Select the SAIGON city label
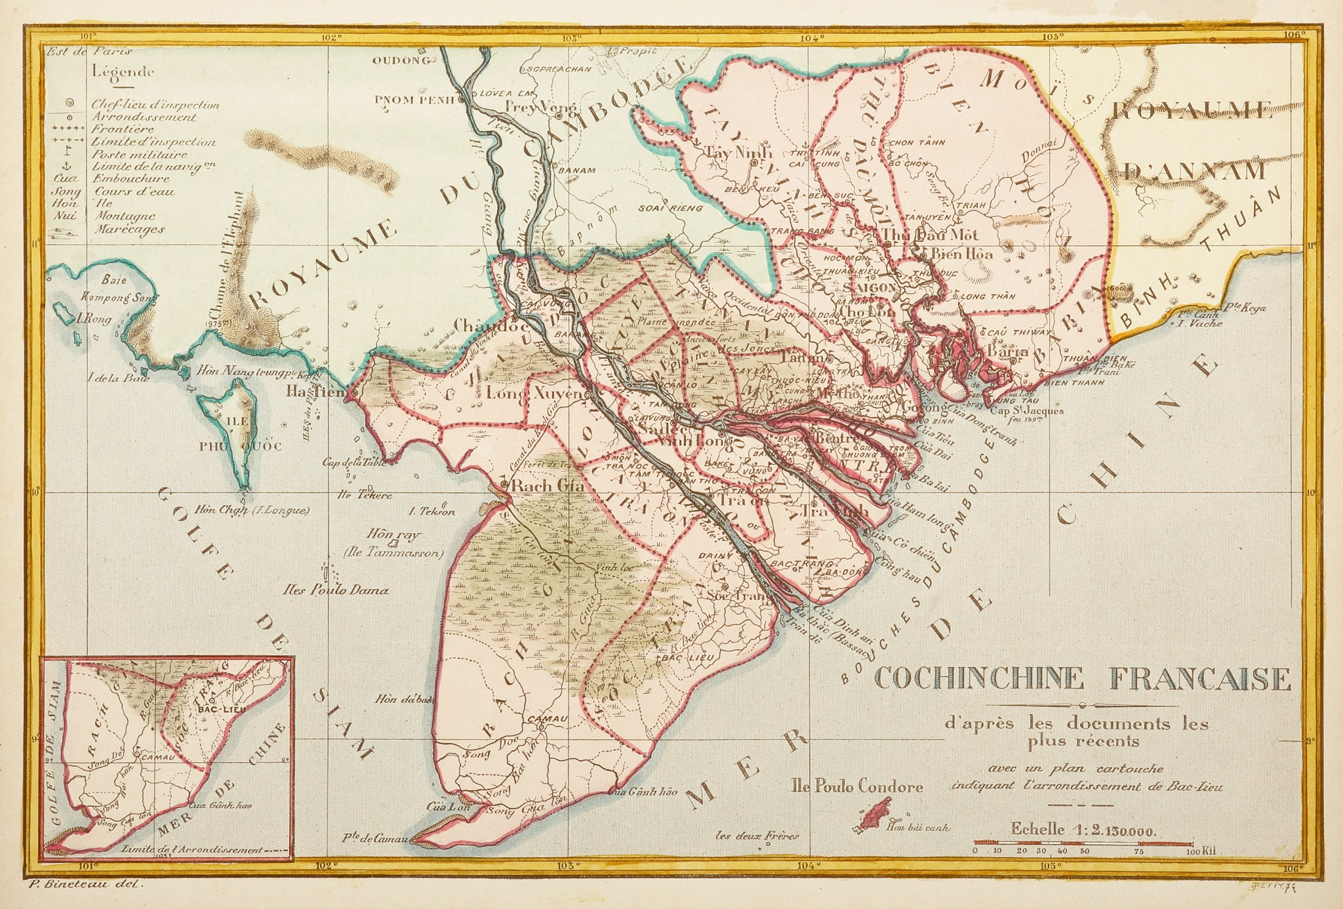pos(870,287)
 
